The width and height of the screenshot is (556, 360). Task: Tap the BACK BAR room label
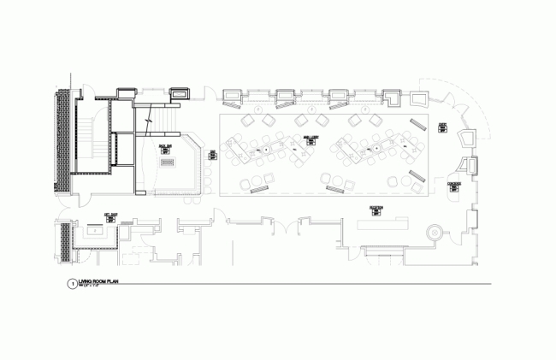pyautogui.click(x=165, y=147)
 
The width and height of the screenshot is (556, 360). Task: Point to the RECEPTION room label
pyautogui.click(x=376, y=208)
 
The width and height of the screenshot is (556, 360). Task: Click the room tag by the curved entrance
pyautogui.click(x=442, y=128)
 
